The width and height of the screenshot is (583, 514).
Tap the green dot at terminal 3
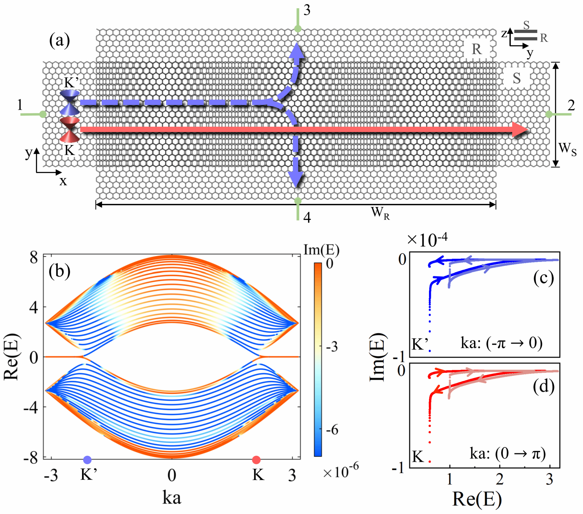pos(297,28)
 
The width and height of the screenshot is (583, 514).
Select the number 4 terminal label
pos(307,218)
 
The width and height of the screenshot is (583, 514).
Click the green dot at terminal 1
pos(43,114)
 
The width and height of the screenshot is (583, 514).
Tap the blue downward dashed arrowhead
pos(296,179)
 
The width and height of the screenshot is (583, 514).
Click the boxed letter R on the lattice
pos(477,49)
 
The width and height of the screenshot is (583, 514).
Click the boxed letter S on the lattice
pos(517,78)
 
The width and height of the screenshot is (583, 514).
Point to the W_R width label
pos(380,213)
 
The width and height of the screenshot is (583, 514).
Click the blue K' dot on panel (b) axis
pos(87,460)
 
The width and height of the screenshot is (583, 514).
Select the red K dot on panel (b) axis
pos(256,460)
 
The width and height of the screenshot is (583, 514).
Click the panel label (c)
pos(543,278)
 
